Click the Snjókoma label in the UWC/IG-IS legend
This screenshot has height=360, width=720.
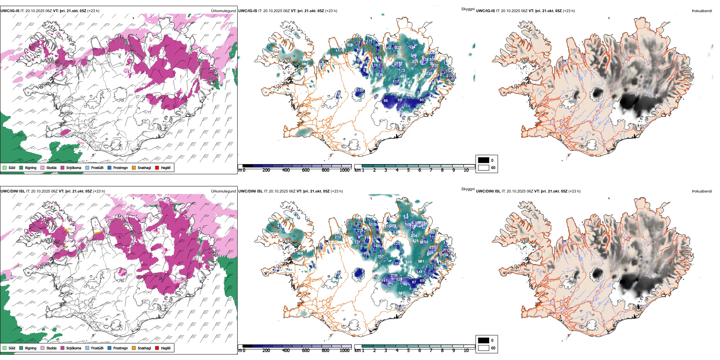pos(74,168)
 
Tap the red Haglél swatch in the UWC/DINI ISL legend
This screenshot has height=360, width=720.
pos(157,348)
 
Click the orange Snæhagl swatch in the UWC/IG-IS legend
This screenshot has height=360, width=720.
pos(134,167)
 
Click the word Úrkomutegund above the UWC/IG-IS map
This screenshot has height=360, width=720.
pos(223,11)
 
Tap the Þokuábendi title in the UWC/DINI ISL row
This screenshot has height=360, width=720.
pos(702,191)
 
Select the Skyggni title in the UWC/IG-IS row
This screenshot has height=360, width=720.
pos(468,9)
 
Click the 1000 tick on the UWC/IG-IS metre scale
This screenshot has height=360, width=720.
pos(344,170)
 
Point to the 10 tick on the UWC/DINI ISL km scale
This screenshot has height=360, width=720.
pos(466,351)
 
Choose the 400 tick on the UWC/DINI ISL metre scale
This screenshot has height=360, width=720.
pos(286,351)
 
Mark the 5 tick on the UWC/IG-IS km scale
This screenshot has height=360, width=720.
pos(408,170)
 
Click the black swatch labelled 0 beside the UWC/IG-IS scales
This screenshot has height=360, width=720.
pos(484,160)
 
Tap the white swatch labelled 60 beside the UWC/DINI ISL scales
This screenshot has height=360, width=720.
pos(484,348)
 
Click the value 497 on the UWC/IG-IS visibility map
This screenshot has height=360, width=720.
pos(403,76)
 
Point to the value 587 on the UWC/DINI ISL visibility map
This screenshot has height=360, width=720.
pos(401,293)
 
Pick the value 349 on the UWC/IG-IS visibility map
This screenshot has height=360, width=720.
pos(413,55)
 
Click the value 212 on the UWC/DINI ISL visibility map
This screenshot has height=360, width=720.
pos(338,237)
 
